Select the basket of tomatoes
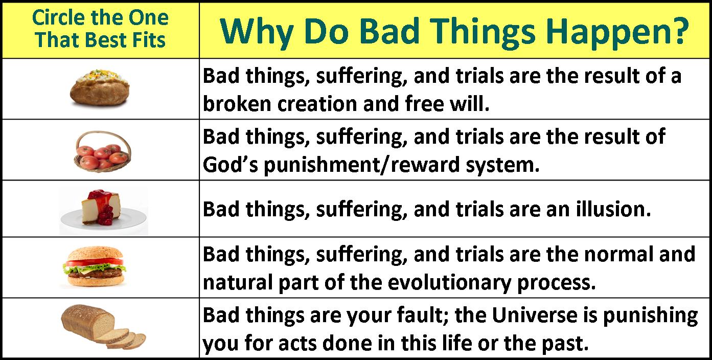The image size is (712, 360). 103,151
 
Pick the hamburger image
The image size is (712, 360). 94,266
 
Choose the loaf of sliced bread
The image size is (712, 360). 103,327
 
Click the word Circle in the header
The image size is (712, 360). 59,17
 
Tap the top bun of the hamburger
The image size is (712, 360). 95,253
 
